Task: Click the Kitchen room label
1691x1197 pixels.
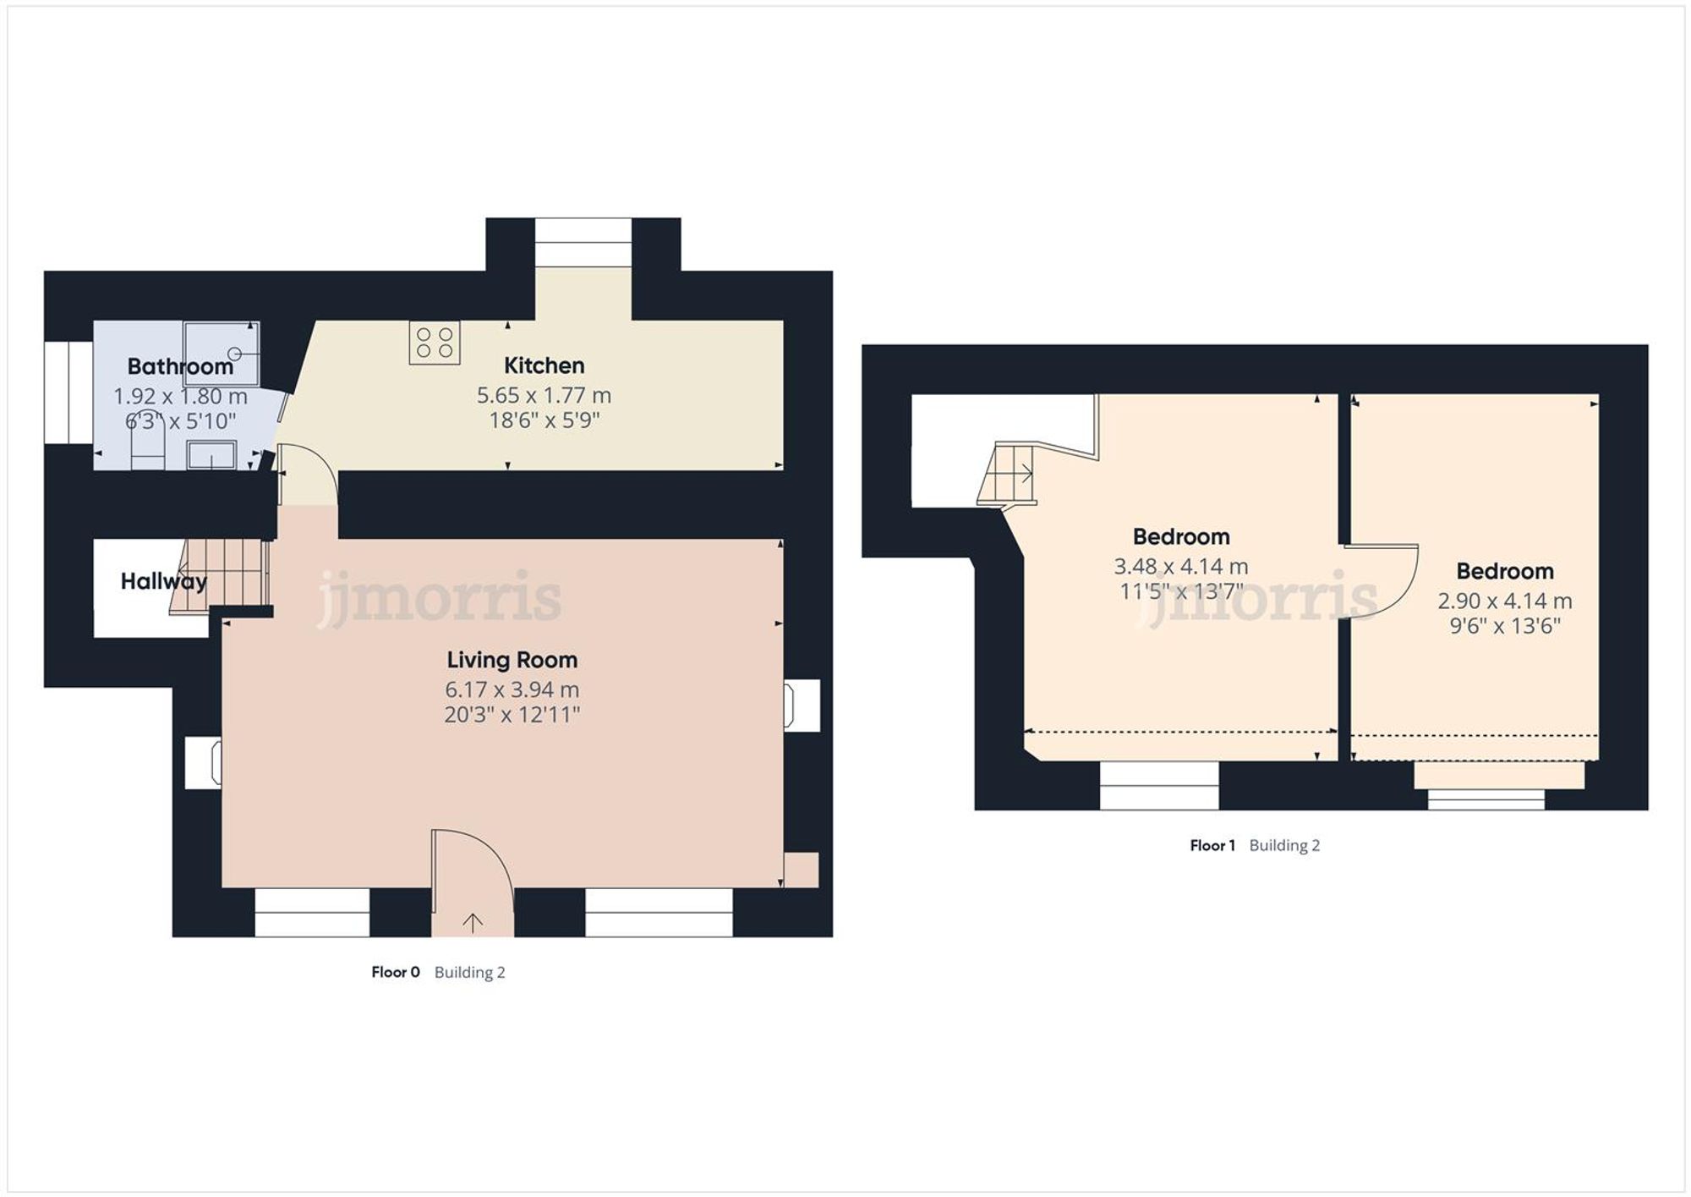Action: [x=544, y=365]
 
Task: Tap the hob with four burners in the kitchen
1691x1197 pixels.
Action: [x=435, y=343]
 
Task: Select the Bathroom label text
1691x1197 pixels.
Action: [x=180, y=366]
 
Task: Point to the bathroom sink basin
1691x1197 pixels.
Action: [x=211, y=455]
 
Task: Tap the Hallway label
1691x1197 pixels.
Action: [x=163, y=581]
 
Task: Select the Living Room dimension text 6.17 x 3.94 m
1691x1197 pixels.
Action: [x=512, y=689]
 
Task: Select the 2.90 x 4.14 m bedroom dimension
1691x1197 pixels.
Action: [x=1504, y=601]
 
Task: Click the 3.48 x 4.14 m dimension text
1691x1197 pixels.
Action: [x=1180, y=566]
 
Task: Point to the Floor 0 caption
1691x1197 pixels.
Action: [x=395, y=972]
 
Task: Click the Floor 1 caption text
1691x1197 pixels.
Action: [x=1212, y=845]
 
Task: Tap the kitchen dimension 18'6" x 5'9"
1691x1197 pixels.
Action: [x=544, y=420]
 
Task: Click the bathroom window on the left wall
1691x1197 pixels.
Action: [x=68, y=393]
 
